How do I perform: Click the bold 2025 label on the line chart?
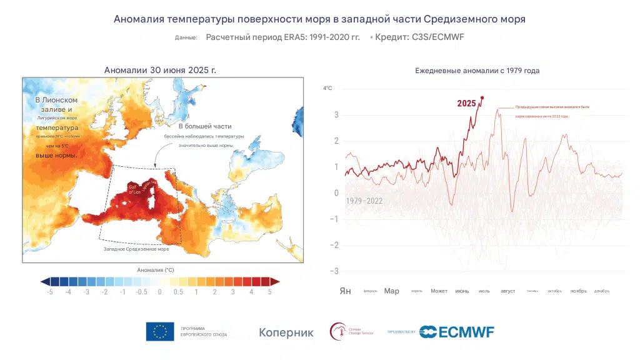coord(466,103)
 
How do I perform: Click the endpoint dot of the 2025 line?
coord(482,97)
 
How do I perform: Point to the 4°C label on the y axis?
coord(327,88)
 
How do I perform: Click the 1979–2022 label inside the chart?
coord(364,201)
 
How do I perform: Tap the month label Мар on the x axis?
coord(391,291)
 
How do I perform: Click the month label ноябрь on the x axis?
coord(578,291)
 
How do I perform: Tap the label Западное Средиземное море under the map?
coord(136,249)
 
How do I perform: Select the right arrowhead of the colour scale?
coord(274,282)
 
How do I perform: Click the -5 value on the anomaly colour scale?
coord(50,292)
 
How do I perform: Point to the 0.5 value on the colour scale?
coord(177,292)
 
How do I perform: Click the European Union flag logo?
coord(160,332)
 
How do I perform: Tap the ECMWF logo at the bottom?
coord(457,332)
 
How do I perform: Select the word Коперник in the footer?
coord(286,332)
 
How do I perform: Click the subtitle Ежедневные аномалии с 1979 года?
coord(477,71)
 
